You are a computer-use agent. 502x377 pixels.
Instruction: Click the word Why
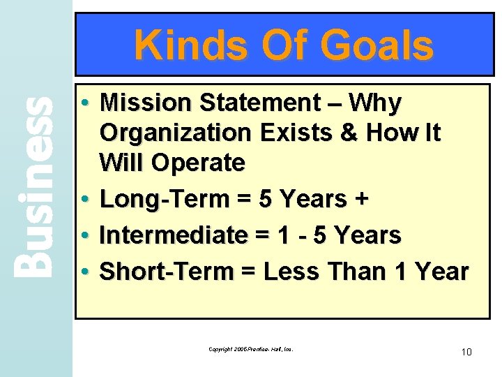click(375, 103)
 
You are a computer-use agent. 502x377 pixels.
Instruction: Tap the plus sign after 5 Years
click(361, 199)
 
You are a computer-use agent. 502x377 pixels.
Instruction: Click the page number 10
click(466, 352)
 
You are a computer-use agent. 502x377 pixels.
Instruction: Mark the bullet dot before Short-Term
click(84, 272)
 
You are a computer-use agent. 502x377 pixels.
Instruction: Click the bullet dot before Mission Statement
click(84, 103)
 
